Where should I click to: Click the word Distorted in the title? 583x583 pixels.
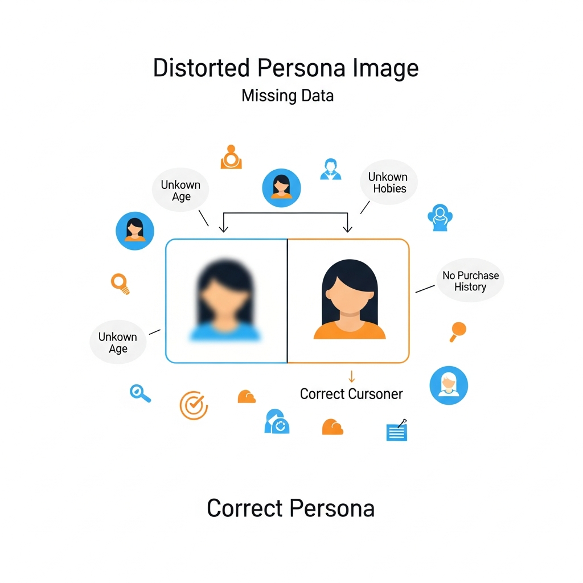tap(202, 68)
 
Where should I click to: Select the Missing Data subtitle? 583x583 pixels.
tap(288, 95)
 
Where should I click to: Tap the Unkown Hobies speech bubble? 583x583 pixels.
tap(388, 183)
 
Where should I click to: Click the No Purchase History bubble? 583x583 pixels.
tap(470, 281)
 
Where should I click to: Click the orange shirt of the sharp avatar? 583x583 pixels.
tap(350, 330)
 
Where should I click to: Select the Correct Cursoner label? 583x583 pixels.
tap(351, 394)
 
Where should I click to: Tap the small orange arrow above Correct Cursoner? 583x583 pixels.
tap(351, 376)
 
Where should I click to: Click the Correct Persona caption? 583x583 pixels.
tap(290, 508)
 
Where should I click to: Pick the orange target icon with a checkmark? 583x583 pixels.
tap(194, 405)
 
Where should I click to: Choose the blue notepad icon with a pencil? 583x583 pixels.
tap(397, 431)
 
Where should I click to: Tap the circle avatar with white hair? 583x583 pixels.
tap(449, 385)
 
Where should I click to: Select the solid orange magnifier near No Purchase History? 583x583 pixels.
tap(457, 331)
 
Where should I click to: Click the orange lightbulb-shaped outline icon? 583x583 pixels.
tap(120, 283)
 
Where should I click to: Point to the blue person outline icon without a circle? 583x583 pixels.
tap(330, 169)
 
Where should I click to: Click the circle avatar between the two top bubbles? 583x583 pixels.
tap(281, 187)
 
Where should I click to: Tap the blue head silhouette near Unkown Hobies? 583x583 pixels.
tap(439, 218)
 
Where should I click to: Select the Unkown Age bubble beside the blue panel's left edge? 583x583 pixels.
tap(118, 342)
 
